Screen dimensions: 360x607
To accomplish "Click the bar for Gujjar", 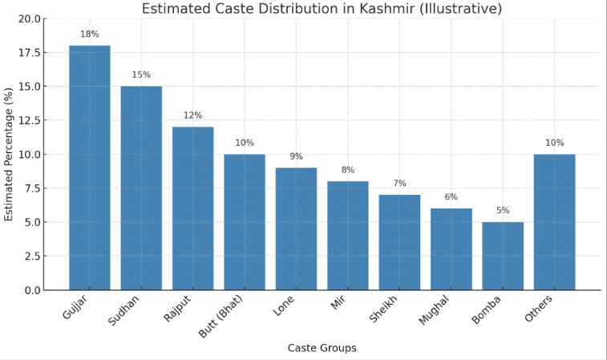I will tap(89, 168).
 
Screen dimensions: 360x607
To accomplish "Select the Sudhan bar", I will tap(141, 188).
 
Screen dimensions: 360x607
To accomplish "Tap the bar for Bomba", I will tap(503, 256).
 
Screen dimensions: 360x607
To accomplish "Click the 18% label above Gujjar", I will tap(89, 34).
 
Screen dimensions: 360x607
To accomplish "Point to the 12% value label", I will tap(192, 115).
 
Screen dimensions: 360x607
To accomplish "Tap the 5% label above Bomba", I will tap(503, 211).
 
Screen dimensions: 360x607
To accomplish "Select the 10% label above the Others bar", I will tap(554, 143).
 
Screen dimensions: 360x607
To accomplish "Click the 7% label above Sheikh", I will tap(399, 184).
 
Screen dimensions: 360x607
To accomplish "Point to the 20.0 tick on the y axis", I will tap(29, 18).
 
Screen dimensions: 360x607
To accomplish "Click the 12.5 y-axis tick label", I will tap(29, 120).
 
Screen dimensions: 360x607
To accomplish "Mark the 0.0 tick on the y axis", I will tap(32, 290).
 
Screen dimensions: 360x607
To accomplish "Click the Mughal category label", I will tap(434, 310).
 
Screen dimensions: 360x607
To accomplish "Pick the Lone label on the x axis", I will tap(283, 305).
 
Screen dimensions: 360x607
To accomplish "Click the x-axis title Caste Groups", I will tap(322, 348).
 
